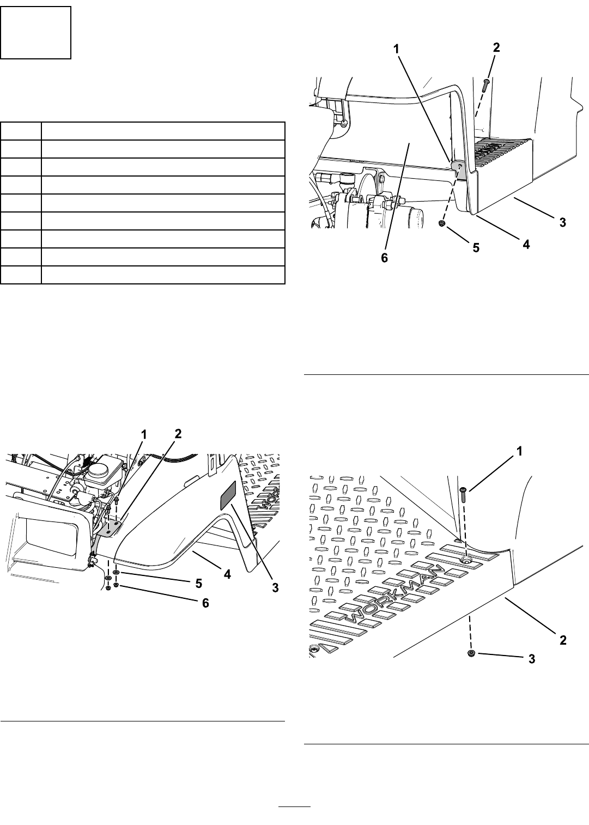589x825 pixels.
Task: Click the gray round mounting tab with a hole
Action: click(x=459, y=166)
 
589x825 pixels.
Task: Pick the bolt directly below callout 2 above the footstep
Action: click(x=485, y=86)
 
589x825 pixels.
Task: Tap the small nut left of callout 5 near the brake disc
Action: click(x=442, y=223)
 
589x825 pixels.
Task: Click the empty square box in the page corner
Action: click(x=35, y=32)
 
